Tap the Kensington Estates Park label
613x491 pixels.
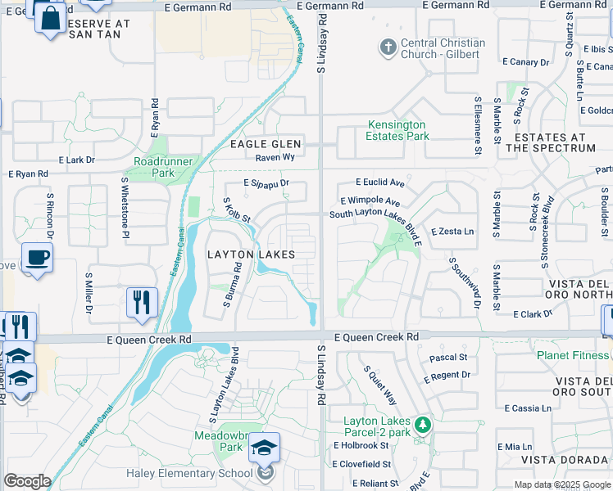(397, 131)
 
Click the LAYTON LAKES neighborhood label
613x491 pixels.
(251, 255)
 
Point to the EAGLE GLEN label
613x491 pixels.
(266, 144)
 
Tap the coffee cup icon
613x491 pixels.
(37, 259)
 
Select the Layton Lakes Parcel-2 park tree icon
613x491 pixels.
(423, 425)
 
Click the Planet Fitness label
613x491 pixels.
(573, 355)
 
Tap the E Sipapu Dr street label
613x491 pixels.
(266, 184)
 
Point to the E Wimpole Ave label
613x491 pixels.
(370, 201)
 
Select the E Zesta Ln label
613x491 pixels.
(452, 232)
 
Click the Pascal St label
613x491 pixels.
(448, 358)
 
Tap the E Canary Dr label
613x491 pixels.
(526, 62)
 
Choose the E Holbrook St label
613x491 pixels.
(361, 445)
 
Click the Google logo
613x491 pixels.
(27, 481)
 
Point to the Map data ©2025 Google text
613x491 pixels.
(561, 484)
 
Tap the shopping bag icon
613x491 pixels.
(51, 17)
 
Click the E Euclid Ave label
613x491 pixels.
(380, 182)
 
